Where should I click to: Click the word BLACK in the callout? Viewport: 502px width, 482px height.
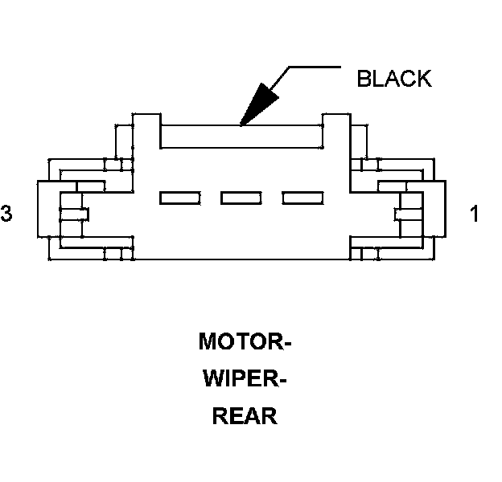click(x=394, y=79)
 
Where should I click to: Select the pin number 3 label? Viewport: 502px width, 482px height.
click(x=7, y=214)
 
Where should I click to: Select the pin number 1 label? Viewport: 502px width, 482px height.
click(x=475, y=214)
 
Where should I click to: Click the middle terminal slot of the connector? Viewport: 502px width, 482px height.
click(x=241, y=198)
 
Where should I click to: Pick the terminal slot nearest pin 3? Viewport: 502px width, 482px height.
click(x=180, y=198)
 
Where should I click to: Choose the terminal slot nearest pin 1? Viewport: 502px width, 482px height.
click(x=302, y=198)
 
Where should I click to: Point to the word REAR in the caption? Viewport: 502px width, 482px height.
click(x=245, y=417)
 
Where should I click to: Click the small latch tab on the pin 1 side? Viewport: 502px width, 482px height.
click(x=405, y=214)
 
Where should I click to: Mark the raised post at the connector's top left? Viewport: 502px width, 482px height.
click(x=146, y=129)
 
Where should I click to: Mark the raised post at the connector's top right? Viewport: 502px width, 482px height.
click(x=335, y=129)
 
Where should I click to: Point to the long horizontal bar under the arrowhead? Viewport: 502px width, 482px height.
click(x=241, y=137)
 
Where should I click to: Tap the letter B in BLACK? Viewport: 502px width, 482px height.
click(x=364, y=79)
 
